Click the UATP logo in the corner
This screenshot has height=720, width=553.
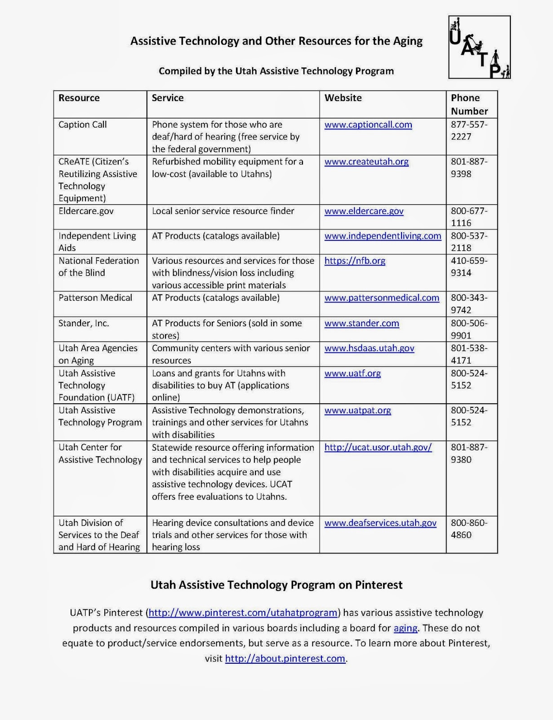[x=479, y=47]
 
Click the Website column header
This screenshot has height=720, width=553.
[x=343, y=98]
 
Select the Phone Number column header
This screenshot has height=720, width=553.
[x=469, y=104]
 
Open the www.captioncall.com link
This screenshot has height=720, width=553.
[x=368, y=125]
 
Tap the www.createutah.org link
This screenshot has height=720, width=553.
[x=366, y=162]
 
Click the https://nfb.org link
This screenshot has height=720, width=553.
[x=355, y=261]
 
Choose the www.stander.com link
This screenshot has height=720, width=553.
[x=361, y=323]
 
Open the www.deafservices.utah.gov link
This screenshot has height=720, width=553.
[x=380, y=523]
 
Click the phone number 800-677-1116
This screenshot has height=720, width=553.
[x=469, y=216]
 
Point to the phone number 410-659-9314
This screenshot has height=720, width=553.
[x=469, y=266]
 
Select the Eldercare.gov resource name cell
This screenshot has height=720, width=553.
[x=86, y=211]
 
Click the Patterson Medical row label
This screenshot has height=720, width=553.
[x=95, y=298]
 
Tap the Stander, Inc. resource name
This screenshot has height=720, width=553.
[x=84, y=323]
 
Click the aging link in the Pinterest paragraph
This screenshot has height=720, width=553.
[x=405, y=628]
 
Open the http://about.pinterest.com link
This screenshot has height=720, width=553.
[x=285, y=658]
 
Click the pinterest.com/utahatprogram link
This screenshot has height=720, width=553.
[x=243, y=612]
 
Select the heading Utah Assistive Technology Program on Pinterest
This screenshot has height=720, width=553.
[x=276, y=585]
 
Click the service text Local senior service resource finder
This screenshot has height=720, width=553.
[x=223, y=211]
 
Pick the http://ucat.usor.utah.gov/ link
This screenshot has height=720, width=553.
[x=378, y=447]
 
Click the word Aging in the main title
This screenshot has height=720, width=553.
[x=407, y=41]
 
